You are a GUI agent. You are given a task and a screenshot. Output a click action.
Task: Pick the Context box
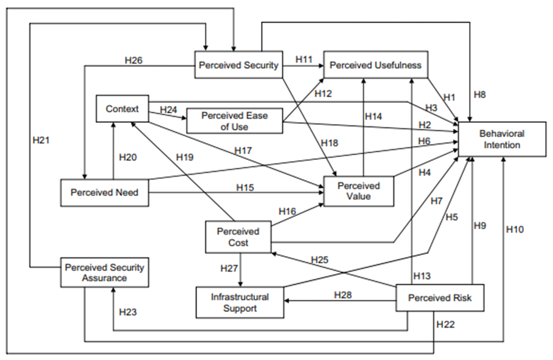coord(122,109)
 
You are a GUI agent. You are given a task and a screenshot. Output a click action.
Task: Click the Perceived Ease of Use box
coord(235,120)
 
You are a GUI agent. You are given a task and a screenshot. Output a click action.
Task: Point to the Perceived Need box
coord(105,193)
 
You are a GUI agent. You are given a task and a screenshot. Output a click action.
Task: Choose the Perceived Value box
coord(358,191)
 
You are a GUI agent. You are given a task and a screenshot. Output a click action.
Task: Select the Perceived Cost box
coord(237,237)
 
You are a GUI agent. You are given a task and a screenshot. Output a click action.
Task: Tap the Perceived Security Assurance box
coord(105,272)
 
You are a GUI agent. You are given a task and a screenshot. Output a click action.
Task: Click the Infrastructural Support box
coord(240,302)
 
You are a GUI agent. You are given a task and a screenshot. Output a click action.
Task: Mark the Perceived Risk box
coord(440,298)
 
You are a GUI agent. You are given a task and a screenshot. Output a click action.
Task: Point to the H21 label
coord(41,140)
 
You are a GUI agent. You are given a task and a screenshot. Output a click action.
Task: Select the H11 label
coord(304,59)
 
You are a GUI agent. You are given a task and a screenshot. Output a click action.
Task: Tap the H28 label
coord(343,295)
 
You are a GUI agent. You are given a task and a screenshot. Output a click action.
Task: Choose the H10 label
coord(514,229)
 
